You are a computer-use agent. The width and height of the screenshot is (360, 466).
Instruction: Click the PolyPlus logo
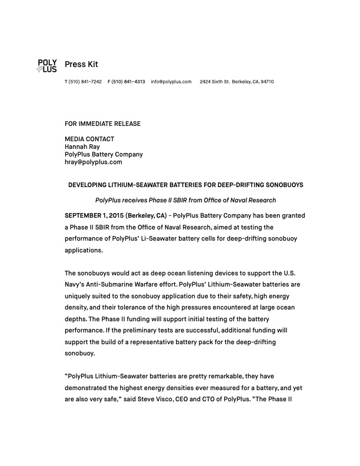tap(46, 65)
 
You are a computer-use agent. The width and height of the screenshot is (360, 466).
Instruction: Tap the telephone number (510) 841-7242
tap(85, 81)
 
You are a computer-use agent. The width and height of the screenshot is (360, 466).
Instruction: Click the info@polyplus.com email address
tap(171, 81)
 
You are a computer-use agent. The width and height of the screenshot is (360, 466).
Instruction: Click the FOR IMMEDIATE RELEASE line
tap(102, 124)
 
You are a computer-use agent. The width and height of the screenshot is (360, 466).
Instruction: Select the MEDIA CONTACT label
tap(89, 139)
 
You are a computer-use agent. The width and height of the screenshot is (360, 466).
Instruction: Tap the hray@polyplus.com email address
tap(93, 162)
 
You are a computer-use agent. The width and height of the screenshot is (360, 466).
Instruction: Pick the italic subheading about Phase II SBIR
tap(185, 200)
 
